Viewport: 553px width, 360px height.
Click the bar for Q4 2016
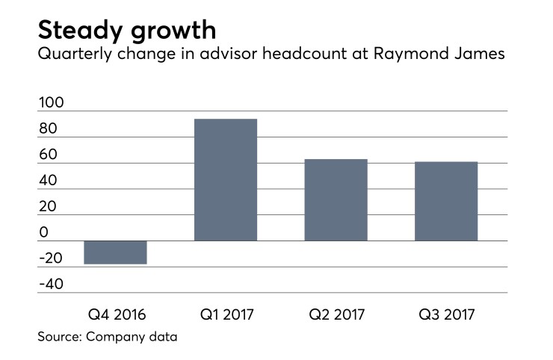115,252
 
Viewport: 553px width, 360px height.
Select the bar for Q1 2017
226,180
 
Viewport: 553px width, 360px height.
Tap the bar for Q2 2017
336,200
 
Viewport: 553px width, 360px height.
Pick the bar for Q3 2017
446,202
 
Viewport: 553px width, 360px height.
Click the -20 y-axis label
51,258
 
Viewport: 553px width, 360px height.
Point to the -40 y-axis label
51,285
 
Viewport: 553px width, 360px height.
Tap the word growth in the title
172,31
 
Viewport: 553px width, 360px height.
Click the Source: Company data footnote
108,337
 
